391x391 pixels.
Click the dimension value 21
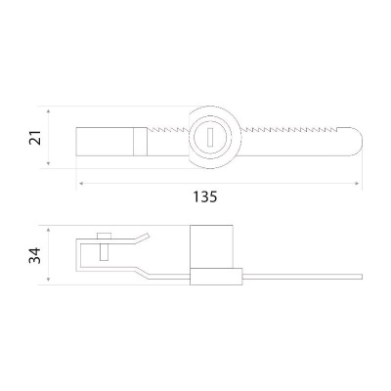35,138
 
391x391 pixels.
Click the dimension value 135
205,196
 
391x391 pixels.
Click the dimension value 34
35,255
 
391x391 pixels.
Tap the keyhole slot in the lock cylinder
210,136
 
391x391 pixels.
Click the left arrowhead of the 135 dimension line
81,184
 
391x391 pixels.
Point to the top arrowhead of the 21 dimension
48,112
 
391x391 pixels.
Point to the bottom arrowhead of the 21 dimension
48,163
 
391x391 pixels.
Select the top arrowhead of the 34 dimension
48,231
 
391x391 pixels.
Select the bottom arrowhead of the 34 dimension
48,279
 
